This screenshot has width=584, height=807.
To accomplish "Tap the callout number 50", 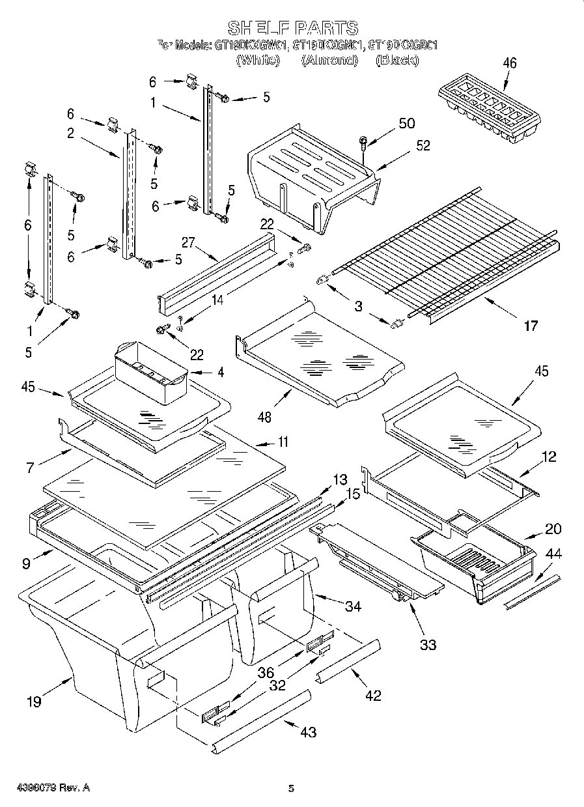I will [406, 123].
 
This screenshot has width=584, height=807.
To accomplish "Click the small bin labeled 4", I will [150, 373].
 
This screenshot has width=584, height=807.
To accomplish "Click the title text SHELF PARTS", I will [292, 28].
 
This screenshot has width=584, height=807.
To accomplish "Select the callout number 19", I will [34, 701].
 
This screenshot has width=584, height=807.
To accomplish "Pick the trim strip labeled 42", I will [348, 659].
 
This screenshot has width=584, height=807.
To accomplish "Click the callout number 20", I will [553, 528].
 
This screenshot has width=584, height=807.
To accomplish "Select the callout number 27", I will [189, 244].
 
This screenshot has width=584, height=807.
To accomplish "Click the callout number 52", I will [423, 146].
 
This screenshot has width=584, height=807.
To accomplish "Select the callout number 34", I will [352, 606].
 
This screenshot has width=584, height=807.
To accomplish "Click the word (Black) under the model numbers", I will [397, 60].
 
